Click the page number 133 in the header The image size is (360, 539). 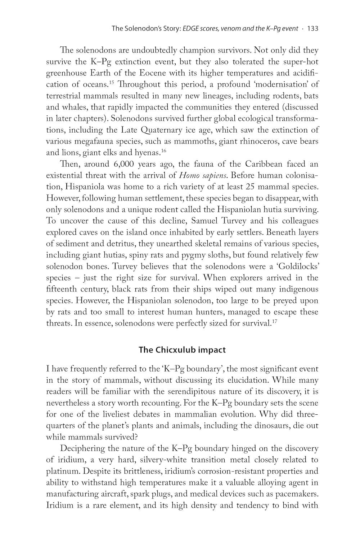[312, 29]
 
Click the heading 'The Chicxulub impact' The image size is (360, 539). [182, 350]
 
